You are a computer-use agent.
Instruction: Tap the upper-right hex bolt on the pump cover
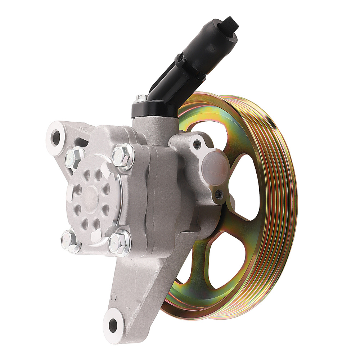123,156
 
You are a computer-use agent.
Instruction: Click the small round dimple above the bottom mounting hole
114,298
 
